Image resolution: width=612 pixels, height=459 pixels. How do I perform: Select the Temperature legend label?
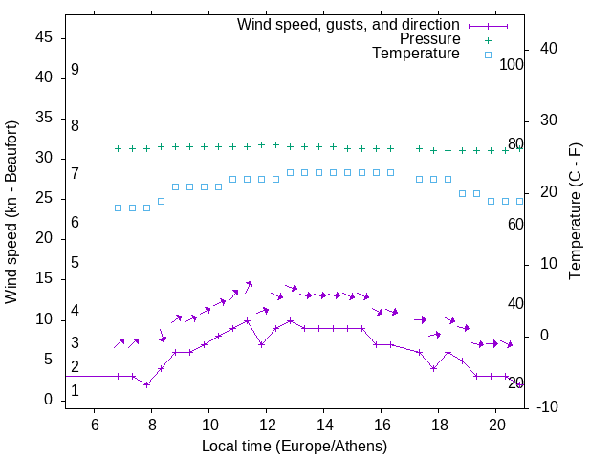click(x=416, y=54)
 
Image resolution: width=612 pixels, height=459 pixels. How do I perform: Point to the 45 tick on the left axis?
click(x=44, y=37)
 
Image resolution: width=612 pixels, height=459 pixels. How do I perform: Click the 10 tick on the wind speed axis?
click(x=44, y=319)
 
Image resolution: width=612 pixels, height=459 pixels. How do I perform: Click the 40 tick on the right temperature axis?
click(x=536, y=49)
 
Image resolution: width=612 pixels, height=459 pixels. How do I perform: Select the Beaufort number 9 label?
click(x=75, y=70)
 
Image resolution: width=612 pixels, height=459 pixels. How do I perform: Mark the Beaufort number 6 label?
click(x=75, y=223)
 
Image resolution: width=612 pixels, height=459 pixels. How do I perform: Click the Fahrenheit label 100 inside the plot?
click(x=512, y=65)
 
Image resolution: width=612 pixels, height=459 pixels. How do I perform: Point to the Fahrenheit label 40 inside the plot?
click(x=515, y=303)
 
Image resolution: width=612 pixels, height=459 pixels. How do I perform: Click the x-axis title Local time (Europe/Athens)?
click(x=295, y=446)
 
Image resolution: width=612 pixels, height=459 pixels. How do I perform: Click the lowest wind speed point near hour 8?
click(x=146, y=384)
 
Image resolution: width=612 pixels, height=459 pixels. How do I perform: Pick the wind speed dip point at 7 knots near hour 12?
click(x=261, y=344)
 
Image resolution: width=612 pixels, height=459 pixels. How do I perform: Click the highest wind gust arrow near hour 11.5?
click(x=250, y=283)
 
